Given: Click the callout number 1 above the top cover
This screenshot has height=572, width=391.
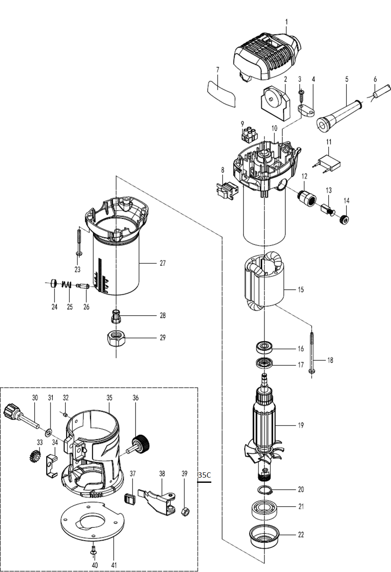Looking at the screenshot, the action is [x=286, y=22].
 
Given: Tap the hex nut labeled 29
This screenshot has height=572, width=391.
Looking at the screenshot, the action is [x=116, y=339].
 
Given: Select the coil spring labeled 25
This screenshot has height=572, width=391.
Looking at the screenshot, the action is [x=66, y=284].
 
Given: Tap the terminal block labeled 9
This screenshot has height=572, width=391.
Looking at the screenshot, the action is [x=249, y=135].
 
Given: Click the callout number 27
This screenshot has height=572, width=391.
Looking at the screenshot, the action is [x=163, y=263].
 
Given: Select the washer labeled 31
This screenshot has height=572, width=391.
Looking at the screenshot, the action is [x=48, y=432].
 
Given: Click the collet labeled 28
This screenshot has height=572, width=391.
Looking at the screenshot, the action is [x=116, y=317].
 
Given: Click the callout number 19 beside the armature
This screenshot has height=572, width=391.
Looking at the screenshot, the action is [x=301, y=425].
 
